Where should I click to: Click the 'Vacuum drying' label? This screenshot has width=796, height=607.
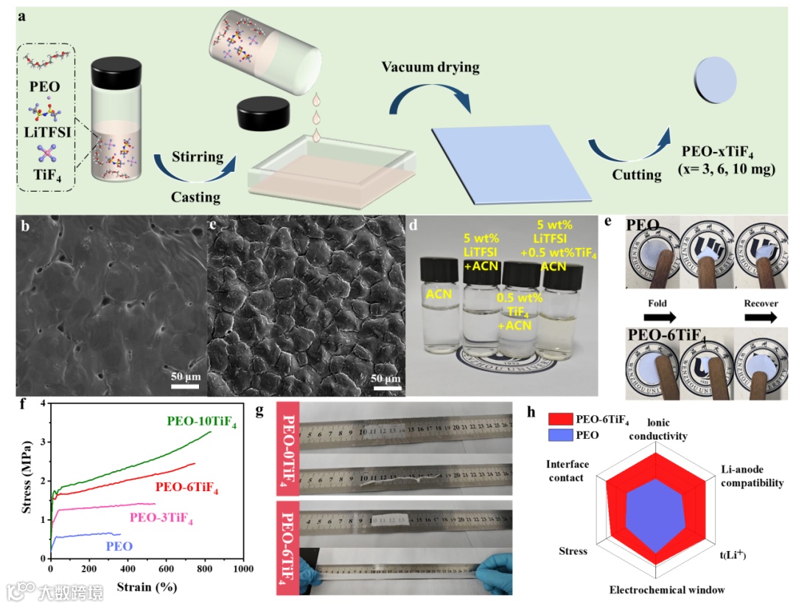tap(430, 68)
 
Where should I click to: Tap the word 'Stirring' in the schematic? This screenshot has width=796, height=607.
tap(198, 156)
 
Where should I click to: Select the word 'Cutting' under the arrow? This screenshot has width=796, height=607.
tap(637, 175)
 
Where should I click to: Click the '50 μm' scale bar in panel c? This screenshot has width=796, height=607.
tap(385, 378)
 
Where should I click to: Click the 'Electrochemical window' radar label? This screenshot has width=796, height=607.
tap(667, 589)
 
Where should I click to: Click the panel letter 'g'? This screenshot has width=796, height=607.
tap(259, 411)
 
